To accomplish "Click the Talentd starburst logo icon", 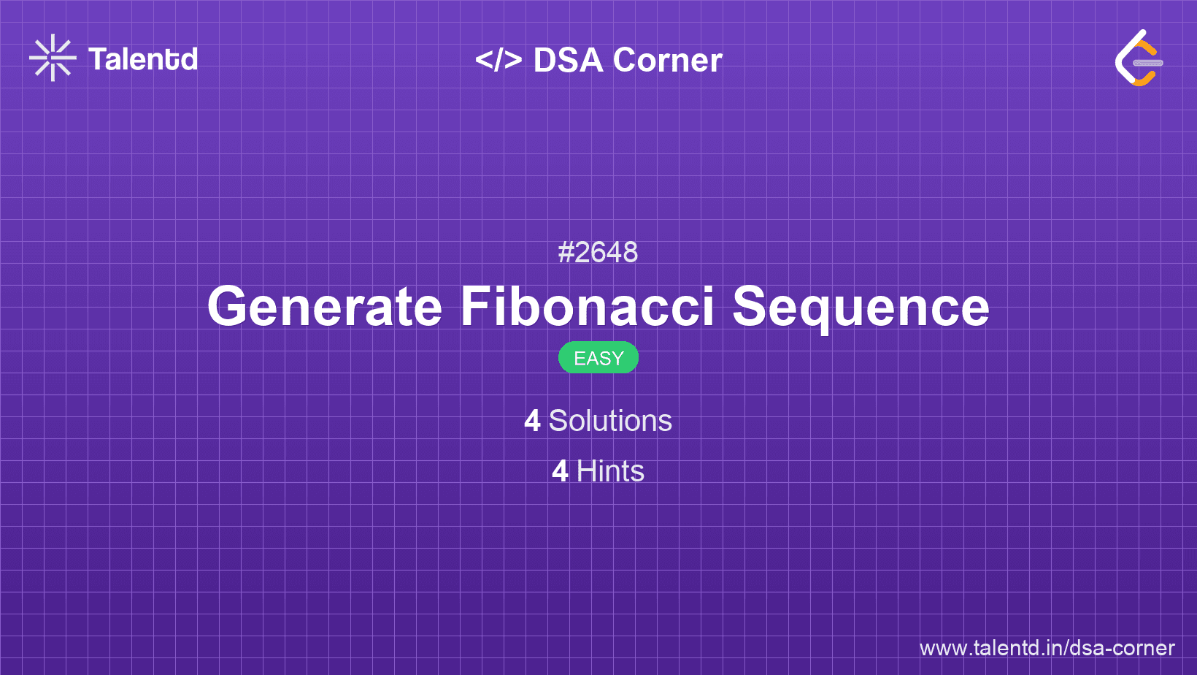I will (x=53, y=58).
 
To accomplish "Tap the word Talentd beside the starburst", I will (x=143, y=59).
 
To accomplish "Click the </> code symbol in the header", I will (x=499, y=60).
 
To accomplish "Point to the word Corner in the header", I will (x=668, y=61).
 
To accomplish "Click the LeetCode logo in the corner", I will (x=1139, y=58).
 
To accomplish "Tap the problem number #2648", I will (x=598, y=253).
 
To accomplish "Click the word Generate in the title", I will (x=325, y=307).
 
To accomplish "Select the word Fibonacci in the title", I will (x=587, y=307).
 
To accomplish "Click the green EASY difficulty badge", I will (x=598, y=358).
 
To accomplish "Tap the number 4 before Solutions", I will (x=532, y=422).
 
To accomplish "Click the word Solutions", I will (x=610, y=422).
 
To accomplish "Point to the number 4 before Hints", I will (x=560, y=472).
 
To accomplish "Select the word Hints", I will (x=610, y=472).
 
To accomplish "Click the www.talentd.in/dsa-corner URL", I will (x=1047, y=648).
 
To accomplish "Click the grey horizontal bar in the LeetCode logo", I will (x=1148, y=63).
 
